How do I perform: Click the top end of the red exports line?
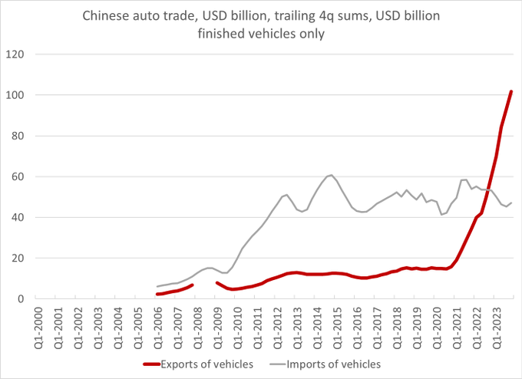(511, 91)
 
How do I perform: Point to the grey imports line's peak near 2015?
(331, 175)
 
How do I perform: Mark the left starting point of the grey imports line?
(157, 286)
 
